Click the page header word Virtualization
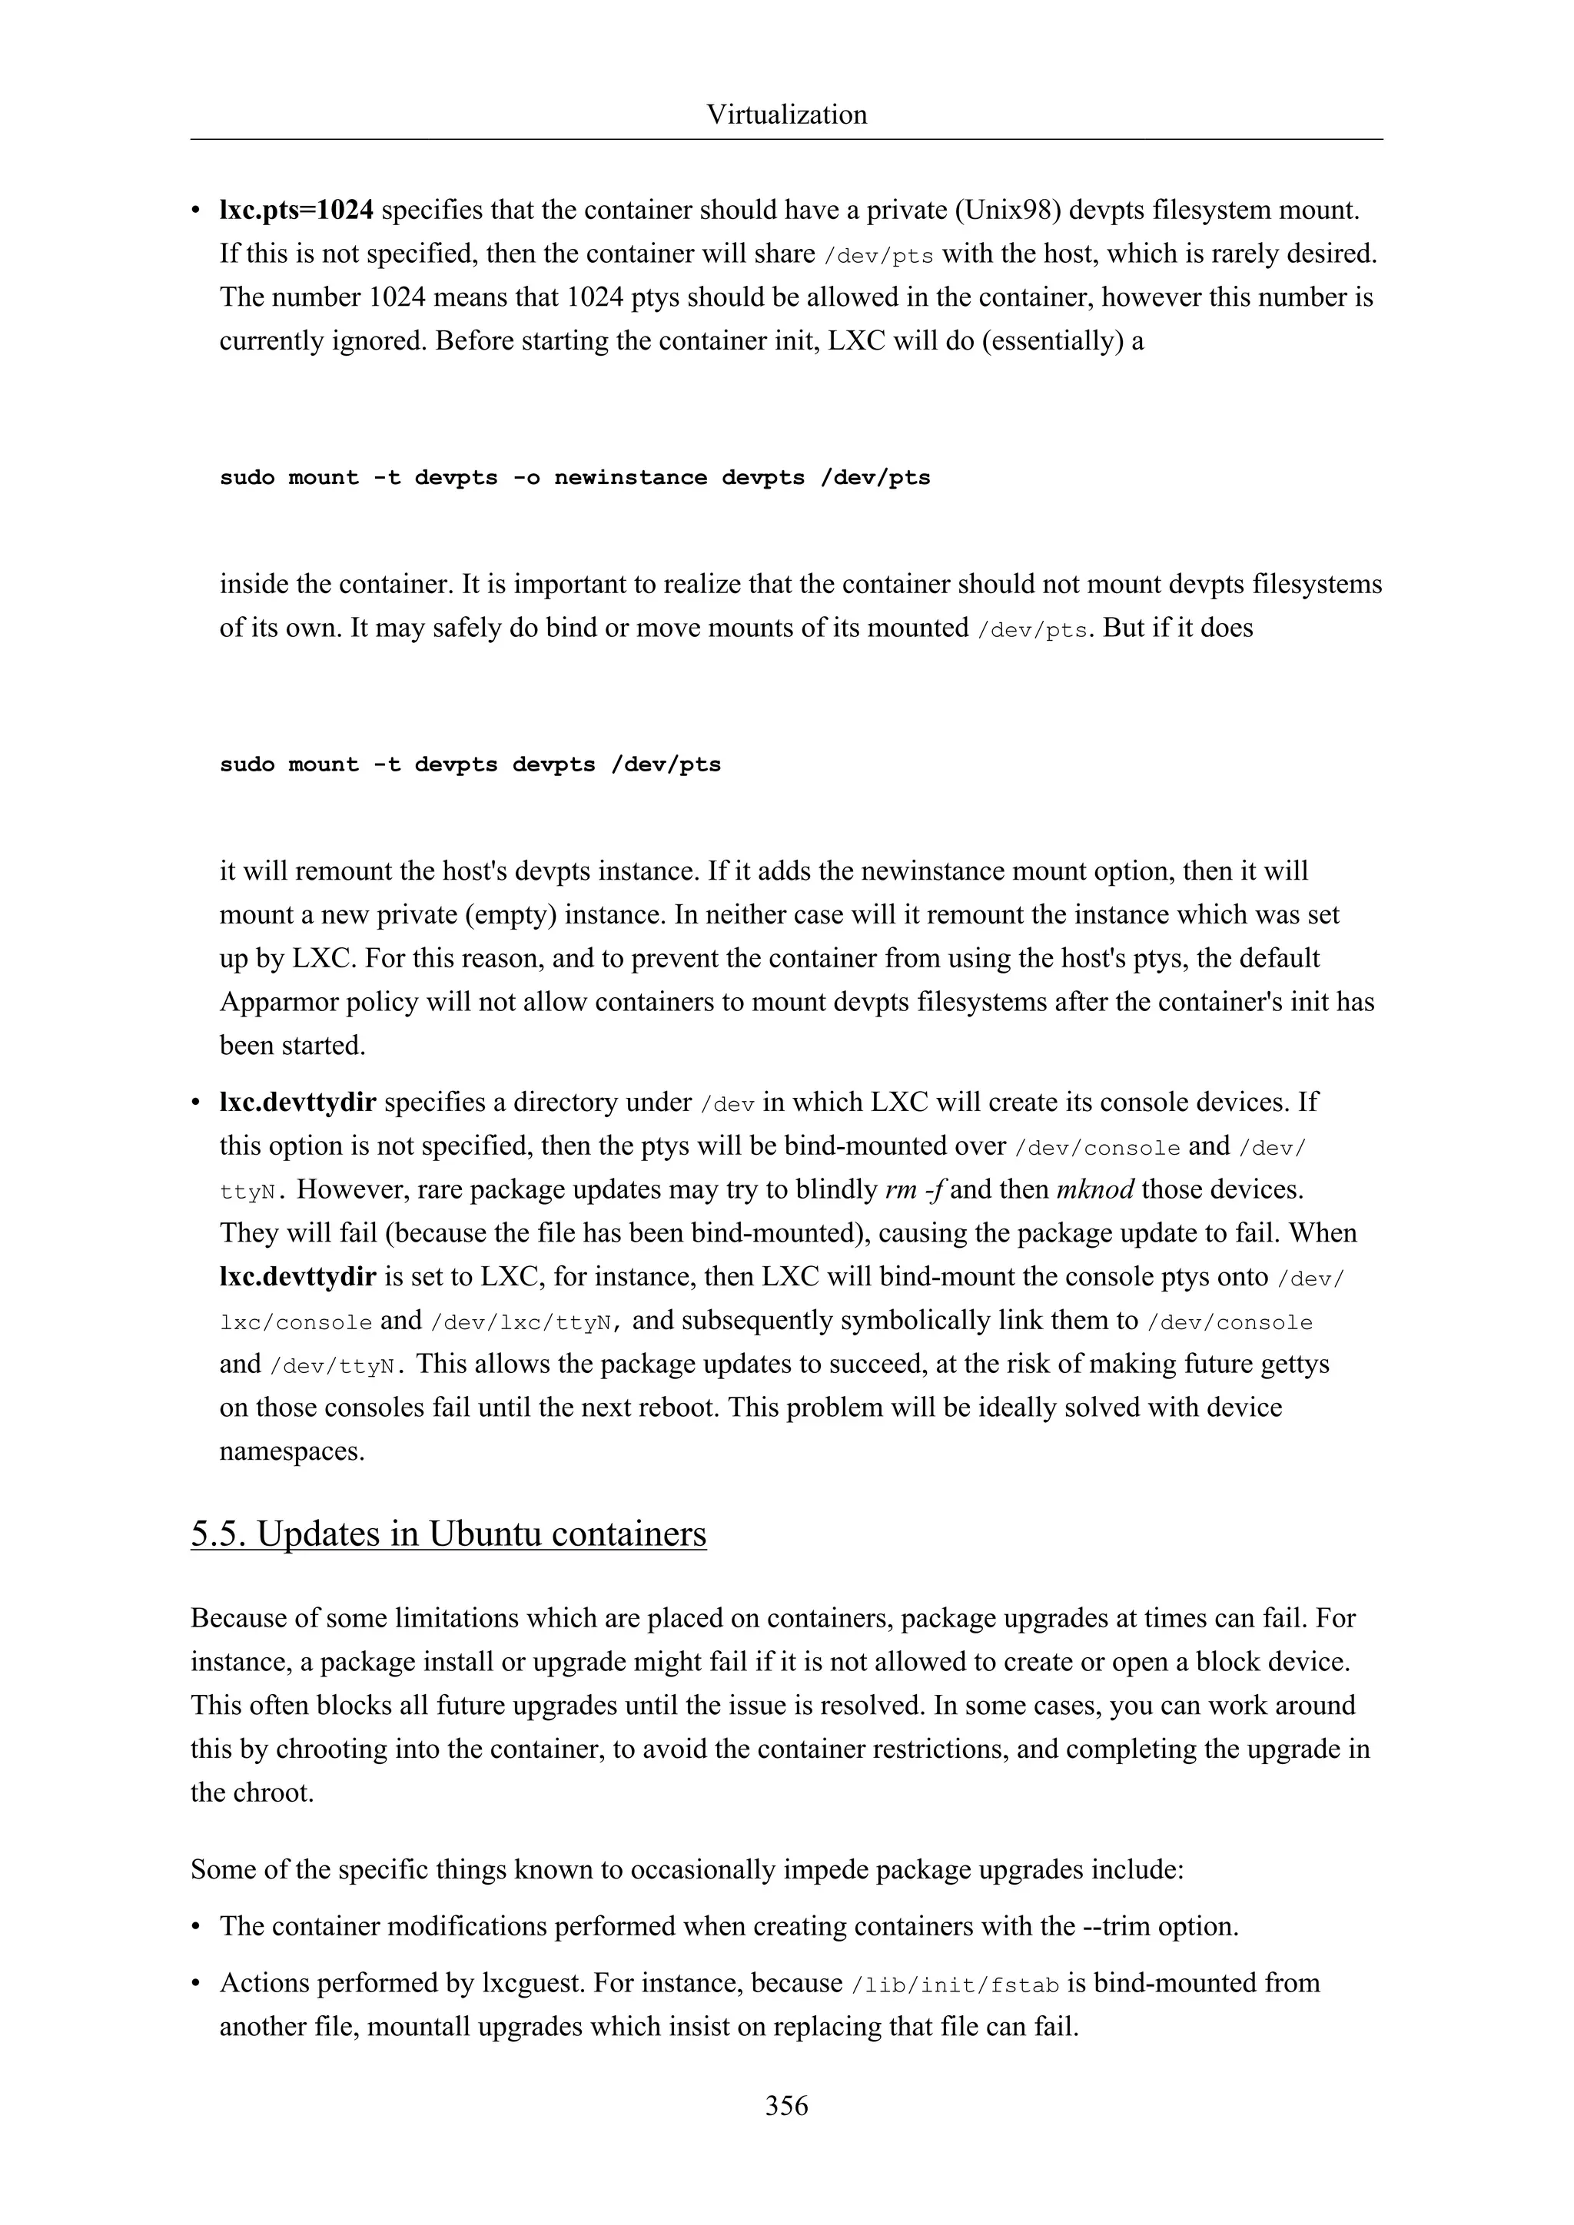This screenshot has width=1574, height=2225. [786, 114]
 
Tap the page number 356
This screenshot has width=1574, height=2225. [786, 2105]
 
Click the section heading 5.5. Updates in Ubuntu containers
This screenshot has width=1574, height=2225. [448, 1534]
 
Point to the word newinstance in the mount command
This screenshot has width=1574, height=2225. [630, 478]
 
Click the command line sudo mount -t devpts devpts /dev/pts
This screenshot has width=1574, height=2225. [470, 764]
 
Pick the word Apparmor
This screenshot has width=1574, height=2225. [274, 1001]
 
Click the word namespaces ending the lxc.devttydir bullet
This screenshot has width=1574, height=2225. [292, 1451]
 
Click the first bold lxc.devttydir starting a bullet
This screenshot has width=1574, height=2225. [297, 1103]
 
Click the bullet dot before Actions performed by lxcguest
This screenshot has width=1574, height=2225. [197, 1984]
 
